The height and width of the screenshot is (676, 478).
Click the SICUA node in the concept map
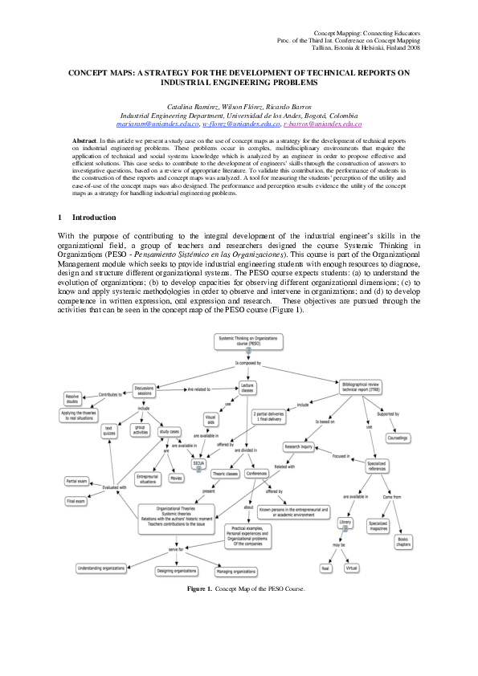tap(198, 463)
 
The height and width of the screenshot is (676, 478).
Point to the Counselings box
tap(397, 438)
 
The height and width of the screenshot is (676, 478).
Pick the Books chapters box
tap(402, 542)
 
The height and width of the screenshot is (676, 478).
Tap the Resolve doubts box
tap(72, 398)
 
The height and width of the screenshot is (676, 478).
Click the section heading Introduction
tap(94, 218)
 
